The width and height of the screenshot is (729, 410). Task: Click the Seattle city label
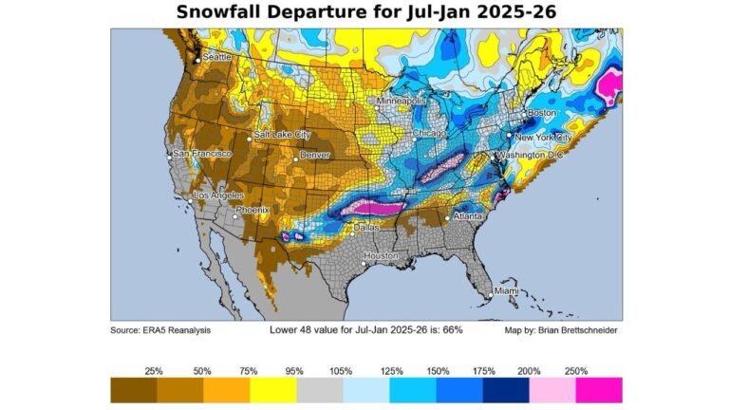217,57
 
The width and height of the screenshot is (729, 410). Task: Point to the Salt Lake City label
282,135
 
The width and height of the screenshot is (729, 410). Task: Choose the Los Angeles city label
219,196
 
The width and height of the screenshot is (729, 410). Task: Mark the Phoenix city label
252,210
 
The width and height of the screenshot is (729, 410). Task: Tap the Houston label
380,256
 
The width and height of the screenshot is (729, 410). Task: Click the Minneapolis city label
402,101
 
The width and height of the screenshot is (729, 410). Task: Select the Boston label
542,113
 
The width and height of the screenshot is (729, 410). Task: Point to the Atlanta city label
468,215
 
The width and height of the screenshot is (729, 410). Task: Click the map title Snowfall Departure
365,12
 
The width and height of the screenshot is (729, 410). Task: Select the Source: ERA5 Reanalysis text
160,330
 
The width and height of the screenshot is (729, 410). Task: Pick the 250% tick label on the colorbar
576,370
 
